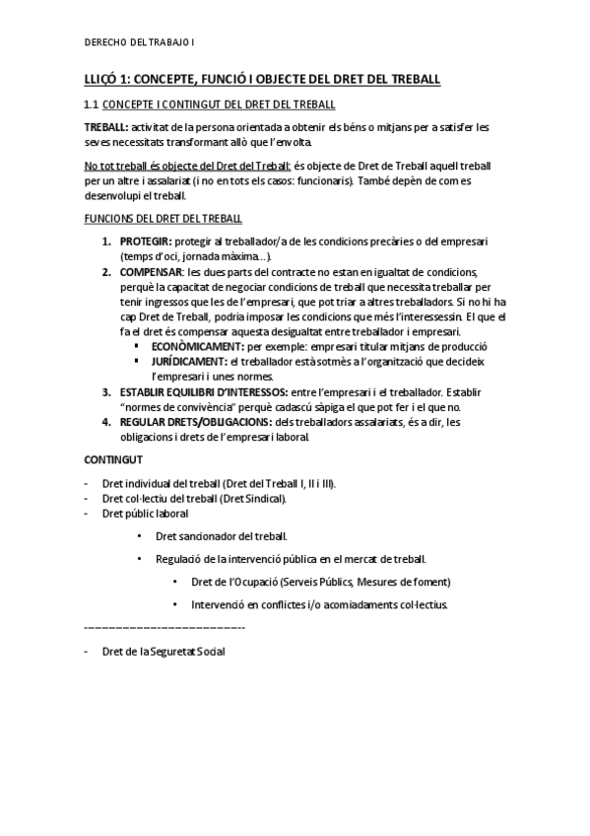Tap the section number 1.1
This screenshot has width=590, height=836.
click(92, 104)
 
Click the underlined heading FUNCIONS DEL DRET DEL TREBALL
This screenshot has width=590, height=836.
click(162, 218)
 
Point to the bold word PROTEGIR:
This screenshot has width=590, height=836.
click(144, 242)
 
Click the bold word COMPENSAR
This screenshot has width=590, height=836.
click(151, 272)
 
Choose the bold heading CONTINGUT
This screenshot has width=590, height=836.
click(113, 459)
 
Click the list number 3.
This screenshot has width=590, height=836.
click(106, 392)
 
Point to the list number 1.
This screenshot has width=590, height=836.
click(106, 242)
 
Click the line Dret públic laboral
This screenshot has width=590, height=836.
click(145, 514)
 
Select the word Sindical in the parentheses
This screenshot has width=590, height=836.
click(264, 499)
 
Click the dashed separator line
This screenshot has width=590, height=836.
click(164, 628)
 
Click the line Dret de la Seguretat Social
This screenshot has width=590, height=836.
click(164, 653)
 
